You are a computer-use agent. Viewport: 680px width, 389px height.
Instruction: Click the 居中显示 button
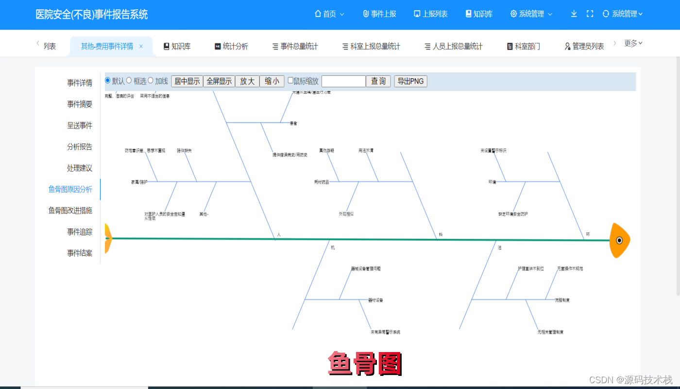187,81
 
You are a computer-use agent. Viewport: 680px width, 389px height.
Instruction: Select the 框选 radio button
129,80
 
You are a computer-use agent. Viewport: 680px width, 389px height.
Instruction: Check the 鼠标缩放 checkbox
290,81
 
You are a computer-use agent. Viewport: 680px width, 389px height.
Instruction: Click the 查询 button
378,81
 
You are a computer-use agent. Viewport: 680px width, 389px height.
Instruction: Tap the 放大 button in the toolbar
247,81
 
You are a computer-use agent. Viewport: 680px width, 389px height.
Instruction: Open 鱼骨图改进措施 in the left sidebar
70,211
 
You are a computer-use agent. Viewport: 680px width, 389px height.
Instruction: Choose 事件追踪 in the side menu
80,232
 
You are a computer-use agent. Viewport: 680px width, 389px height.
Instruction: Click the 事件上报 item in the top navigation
379,14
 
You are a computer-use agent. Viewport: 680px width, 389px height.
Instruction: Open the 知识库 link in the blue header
479,14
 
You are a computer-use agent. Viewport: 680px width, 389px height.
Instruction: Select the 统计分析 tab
231,46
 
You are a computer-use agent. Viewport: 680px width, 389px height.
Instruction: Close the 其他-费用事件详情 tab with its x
141,46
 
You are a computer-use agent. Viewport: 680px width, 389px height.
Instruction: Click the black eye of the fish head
619,240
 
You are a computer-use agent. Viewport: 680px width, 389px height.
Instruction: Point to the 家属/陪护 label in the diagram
139,182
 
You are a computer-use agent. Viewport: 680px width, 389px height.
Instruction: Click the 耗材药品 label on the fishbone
322,182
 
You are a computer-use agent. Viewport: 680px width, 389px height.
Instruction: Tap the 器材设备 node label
375,300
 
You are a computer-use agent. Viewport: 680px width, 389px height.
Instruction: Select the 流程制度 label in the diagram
562,300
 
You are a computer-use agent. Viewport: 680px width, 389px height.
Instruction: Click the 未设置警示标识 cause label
493,151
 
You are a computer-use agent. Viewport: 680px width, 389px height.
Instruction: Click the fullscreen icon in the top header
590,14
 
